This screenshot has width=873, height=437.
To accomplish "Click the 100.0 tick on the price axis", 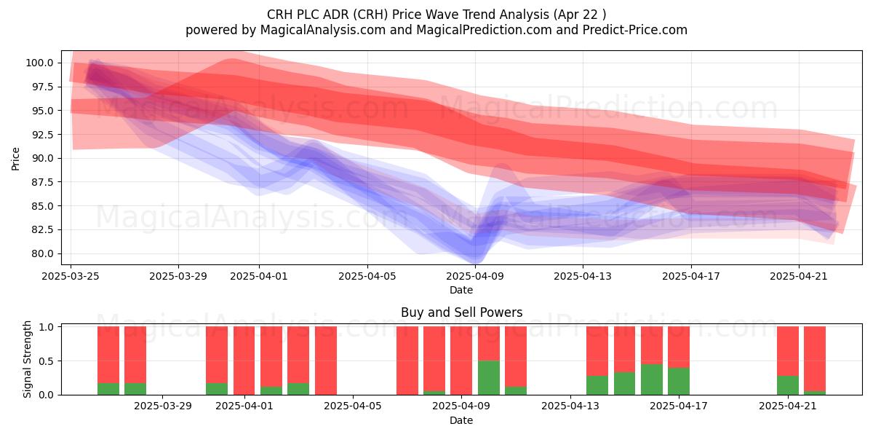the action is pos(39,63).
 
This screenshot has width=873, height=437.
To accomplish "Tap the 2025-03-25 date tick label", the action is pos(71,276).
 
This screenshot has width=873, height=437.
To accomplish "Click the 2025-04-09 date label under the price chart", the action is pos(475,276).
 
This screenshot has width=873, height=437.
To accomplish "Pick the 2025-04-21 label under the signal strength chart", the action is pos(788,406).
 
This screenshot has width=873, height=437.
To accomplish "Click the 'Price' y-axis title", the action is pos(15,159).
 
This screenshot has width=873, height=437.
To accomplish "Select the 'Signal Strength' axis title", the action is pos(27,359).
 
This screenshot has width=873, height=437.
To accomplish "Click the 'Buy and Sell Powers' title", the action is pos(461,312).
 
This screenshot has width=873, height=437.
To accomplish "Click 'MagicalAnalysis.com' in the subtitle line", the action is pos(323,30).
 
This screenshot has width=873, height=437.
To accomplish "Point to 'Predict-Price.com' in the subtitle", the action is pos(635,30).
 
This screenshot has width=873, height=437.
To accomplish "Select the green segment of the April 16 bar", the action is pos(652,379).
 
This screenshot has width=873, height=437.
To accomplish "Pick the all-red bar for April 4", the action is pos(326,361).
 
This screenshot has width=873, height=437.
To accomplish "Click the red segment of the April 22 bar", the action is pos(815,358).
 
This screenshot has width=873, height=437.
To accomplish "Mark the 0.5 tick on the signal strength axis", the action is pos(47,361).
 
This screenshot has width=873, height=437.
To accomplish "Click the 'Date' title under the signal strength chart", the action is pos(461,420).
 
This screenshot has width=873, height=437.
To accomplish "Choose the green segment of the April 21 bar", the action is pos(788,385).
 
